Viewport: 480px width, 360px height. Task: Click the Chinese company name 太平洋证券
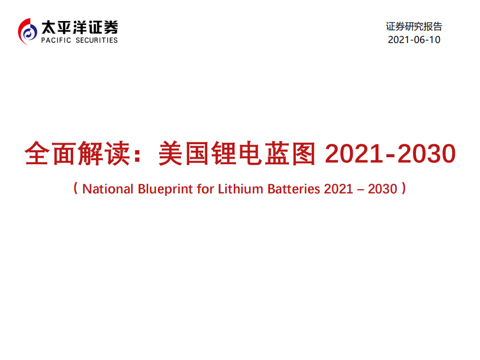pos(80,26)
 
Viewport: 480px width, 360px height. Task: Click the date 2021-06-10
pos(414,40)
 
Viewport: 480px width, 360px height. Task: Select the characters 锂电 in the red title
pos(239,154)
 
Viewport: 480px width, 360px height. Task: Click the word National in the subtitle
pos(108,189)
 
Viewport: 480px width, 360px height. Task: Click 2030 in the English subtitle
pos(383,189)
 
